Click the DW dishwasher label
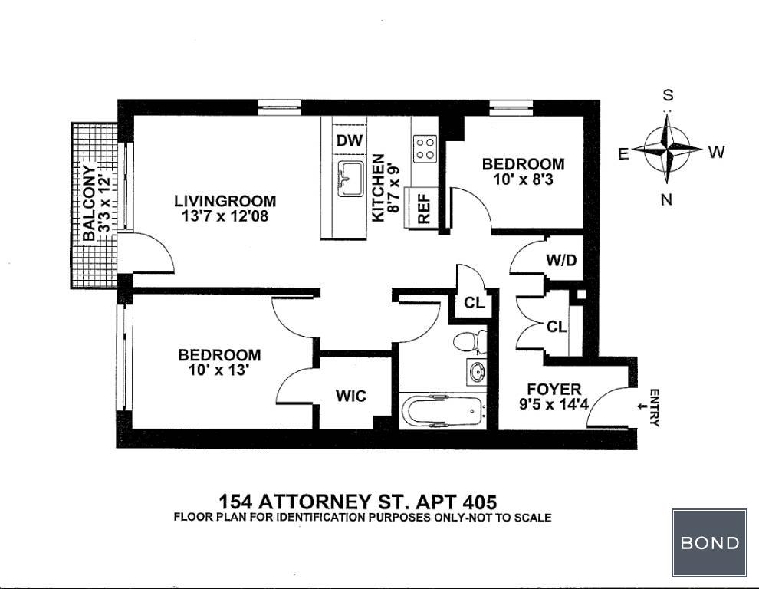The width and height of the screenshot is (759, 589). [x=350, y=140]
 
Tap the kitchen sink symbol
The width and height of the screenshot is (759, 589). [x=350, y=179]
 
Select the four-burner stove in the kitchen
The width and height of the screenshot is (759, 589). [x=425, y=149]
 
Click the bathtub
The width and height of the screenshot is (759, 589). [x=442, y=411]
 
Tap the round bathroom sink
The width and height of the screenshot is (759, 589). [x=477, y=372]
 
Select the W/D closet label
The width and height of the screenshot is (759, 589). [x=561, y=260]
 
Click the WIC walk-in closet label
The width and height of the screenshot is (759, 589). [x=351, y=396]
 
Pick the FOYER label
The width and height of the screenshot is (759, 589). [x=554, y=389]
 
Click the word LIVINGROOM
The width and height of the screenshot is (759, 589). [x=225, y=200]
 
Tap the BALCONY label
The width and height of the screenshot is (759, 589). [x=89, y=203]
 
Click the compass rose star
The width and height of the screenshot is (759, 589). [x=667, y=148]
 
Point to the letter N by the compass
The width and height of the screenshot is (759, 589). [x=666, y=199]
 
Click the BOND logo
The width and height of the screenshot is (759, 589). [x=709, y=542]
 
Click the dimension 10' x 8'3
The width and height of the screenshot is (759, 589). [x=524, y=179]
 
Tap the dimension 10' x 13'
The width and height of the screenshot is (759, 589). [x=219, y=370]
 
